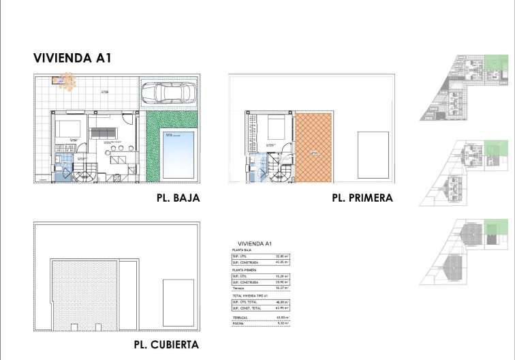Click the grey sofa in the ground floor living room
click(103, 129)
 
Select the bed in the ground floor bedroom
click(68, 128)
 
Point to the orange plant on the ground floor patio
click(66, 80)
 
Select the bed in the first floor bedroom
click(277, 127)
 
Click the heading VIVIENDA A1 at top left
click(72, 59)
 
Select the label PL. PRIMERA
click(362, 198)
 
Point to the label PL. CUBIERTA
click(166, 344)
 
